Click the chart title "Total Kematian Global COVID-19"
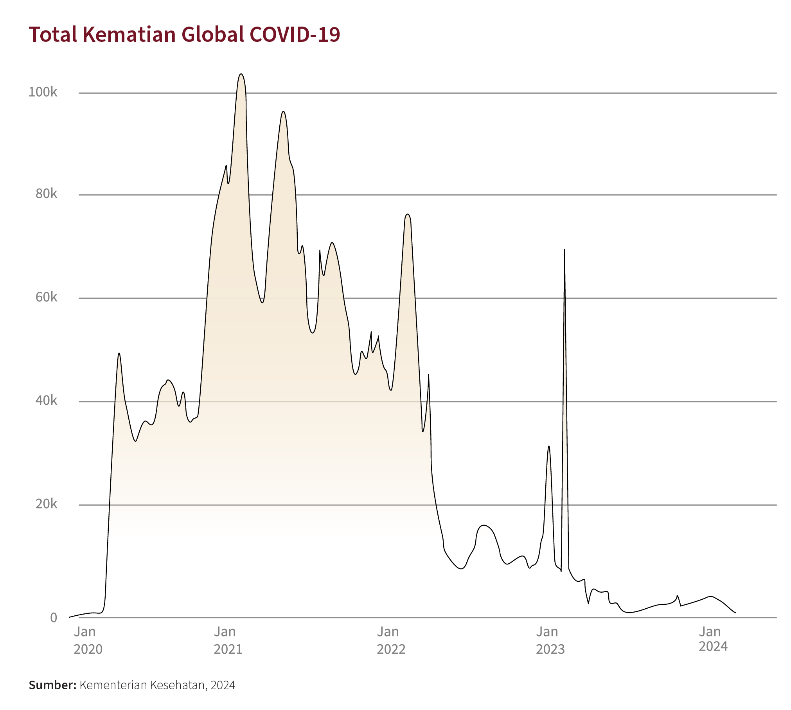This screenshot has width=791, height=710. (x=184, y=34)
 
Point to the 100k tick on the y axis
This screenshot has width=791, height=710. (x=43, y=92)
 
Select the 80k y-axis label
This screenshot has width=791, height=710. (x=46, y=194)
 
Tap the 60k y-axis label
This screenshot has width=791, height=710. (x=46, y=297)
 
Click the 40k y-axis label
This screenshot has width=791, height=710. (x=46, y=401)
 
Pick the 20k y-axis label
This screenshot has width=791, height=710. (x=46, y=504)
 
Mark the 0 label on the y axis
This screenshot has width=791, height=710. (x=54, y=618)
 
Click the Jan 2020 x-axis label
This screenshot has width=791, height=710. (x=88, y=640)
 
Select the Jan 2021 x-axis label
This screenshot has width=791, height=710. (x=228, y=640)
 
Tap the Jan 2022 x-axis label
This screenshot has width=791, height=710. (x=391, y=640)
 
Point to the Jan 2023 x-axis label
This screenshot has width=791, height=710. (x=550, y=640)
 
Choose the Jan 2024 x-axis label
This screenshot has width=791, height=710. (x=713, y=639)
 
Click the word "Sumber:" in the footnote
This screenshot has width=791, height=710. (x=52, y=685)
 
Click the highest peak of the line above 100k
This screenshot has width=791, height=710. (x=241, y=74)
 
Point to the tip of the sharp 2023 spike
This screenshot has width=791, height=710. (x=564, y=250)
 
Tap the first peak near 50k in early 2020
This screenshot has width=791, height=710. (x=119, y=353)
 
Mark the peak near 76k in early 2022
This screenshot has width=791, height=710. (x=408, y=214)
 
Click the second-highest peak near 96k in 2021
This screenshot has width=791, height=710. (x=283, y=111)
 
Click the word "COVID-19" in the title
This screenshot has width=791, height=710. (x=295, y=34)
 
